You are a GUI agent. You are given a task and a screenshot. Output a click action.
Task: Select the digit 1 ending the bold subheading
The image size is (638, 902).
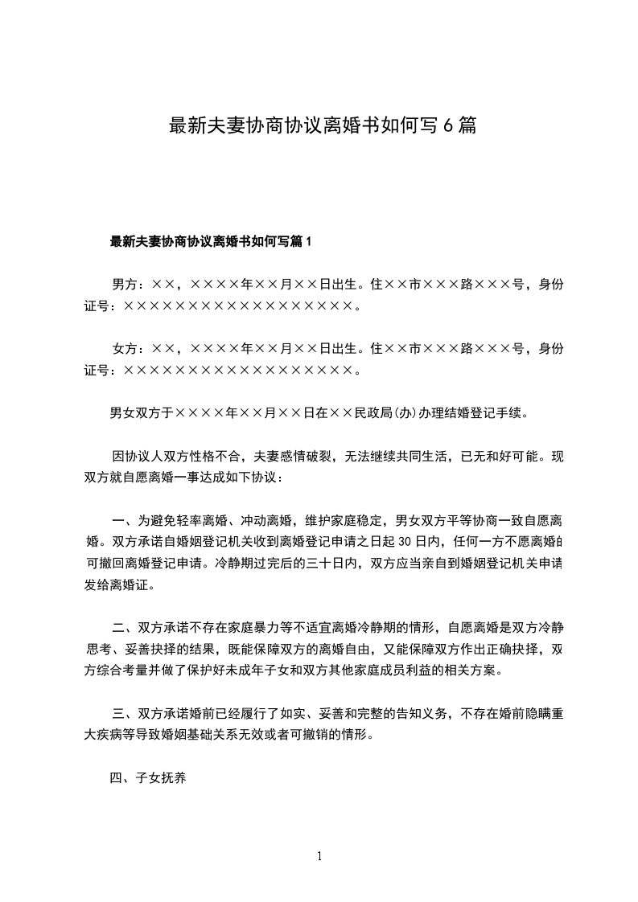pos(308,241)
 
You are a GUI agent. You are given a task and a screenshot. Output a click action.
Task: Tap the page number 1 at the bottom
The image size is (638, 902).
pos(319,856)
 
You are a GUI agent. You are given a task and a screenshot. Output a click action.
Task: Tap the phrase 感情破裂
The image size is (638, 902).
pos(314,457)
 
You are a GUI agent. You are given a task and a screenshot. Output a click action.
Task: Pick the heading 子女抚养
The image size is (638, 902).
pos(160,778)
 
